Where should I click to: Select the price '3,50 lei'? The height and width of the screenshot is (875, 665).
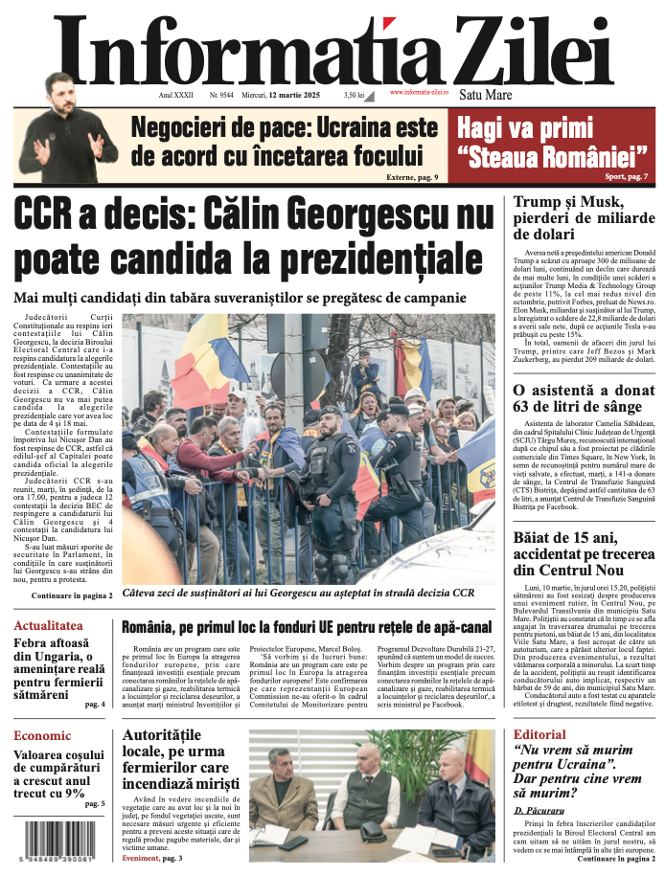(355, 96)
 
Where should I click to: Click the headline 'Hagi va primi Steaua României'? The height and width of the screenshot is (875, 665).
(551, 140)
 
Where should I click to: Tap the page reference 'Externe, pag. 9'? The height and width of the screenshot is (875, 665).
(412, 177)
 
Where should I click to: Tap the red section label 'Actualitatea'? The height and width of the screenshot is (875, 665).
(49, 625)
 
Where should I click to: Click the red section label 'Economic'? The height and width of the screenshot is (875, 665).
(42, 735)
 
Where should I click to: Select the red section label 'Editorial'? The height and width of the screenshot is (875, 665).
(539, 734)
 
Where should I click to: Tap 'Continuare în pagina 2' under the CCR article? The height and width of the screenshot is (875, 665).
(72, 595)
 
